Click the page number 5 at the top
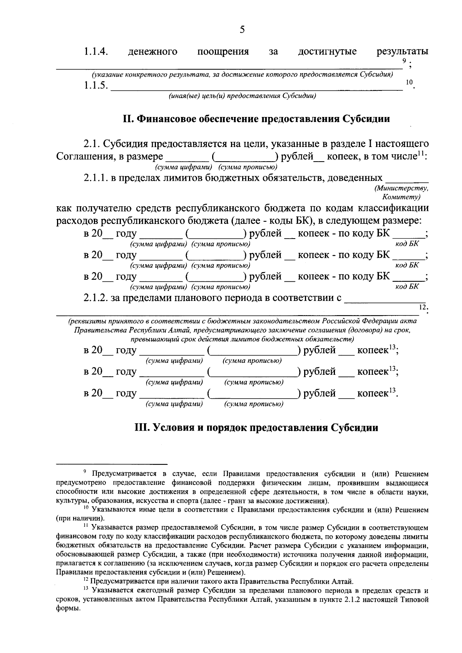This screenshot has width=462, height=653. pos(242,29)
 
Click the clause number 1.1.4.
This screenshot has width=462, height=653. pos(95,52)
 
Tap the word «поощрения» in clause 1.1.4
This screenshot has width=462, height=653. pos(223,52)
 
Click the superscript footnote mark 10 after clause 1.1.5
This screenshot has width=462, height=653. pos(409,82)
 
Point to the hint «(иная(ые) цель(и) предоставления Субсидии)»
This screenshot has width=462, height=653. pos(242,96)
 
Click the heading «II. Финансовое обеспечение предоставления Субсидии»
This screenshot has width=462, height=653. pos(256,119)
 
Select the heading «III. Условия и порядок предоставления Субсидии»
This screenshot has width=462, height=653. pos(256,428)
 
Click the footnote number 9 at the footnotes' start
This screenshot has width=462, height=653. pos(85,472)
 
